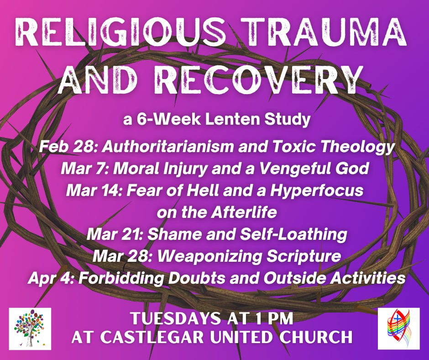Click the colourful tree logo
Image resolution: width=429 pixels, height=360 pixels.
[30, 328]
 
